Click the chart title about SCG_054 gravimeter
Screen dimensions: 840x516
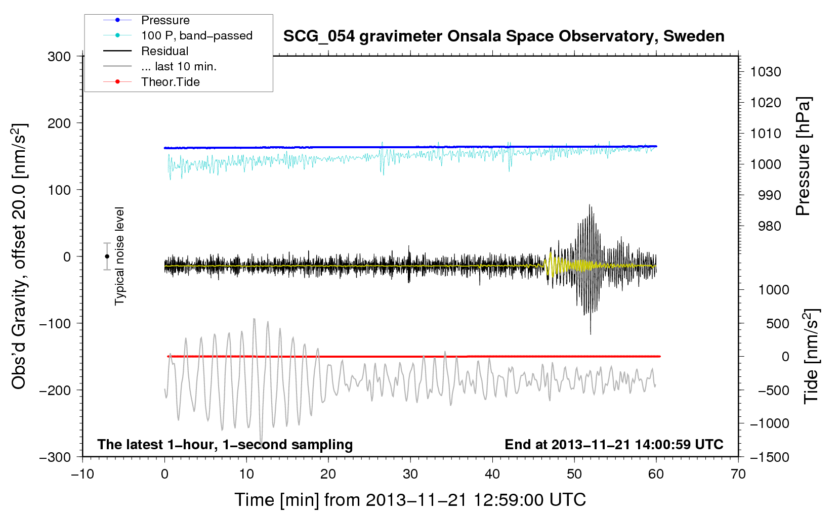click(x=503, y=36)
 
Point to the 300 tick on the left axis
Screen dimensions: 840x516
click(x=59, y=57)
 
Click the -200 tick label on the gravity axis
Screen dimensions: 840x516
click(x=56, y=391)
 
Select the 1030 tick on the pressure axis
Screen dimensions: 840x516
click(x=766, y=72)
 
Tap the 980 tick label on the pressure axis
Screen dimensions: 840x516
click(x=770, y=226)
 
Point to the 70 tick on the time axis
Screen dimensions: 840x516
click(x=738, y=475)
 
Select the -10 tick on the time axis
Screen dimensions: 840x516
click(x=82, y=475)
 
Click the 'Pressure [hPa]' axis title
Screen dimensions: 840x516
click(x=803, y=156)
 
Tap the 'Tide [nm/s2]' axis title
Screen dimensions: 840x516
click(x=811, y=356)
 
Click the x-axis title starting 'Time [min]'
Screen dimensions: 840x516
click(x=410, y=500)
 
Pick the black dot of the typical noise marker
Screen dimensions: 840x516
click(x=107, y=256)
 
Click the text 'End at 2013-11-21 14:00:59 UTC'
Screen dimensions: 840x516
click(x=614, y=444)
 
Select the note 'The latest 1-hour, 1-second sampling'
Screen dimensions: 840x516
click(x=225, y=445)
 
